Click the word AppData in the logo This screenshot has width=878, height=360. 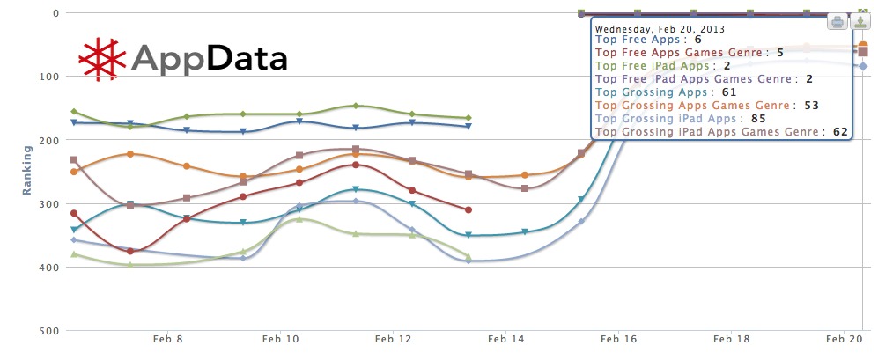209,59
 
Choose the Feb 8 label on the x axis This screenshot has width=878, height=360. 167,339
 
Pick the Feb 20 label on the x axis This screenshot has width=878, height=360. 843,339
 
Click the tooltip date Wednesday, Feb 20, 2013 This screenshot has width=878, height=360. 660,28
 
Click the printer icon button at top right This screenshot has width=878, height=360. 837,23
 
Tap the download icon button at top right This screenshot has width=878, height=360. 860,23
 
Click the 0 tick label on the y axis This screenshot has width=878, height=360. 55,13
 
